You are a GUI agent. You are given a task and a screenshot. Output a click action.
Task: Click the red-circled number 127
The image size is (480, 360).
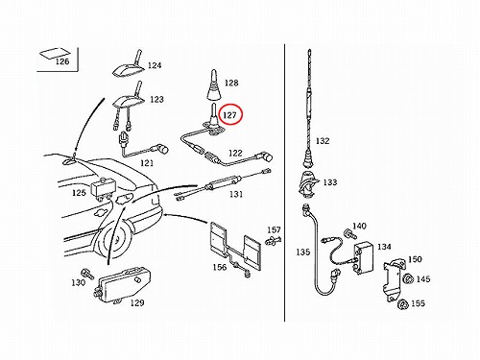(229, 115)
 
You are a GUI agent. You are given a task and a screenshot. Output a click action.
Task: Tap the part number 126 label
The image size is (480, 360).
(62, 61)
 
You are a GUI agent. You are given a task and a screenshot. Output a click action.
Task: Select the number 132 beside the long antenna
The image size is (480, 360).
(323, 141)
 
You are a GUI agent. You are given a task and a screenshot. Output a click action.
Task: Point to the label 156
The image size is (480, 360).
(220, 267)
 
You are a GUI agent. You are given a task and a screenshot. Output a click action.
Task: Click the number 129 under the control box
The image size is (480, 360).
(137, 302)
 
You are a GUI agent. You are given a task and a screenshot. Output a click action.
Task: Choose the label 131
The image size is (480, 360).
(236, 194)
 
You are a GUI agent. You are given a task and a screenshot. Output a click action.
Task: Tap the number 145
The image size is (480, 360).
(423, 279)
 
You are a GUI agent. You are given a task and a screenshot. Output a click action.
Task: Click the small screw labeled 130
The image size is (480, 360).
(87, 274)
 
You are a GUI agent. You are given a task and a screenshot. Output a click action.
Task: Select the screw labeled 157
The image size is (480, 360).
(273, 240)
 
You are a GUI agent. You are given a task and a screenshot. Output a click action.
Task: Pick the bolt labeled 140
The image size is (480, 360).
(349, 233)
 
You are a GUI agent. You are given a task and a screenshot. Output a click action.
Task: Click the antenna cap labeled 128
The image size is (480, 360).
(214, 84)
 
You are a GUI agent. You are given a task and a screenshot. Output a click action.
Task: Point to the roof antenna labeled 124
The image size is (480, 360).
(129, 65)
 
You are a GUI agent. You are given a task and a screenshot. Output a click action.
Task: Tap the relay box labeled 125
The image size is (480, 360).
(104, 188)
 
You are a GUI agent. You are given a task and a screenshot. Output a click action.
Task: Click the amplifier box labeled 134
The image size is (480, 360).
(364, 258)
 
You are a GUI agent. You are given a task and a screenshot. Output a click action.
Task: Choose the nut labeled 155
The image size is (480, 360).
(403, 304)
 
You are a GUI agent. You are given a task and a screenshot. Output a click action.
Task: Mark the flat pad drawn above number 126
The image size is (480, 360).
(55, 53)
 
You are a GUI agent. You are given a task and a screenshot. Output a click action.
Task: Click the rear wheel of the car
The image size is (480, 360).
(113, 238)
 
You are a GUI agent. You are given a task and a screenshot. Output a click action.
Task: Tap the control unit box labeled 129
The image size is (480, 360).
(123, 285)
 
